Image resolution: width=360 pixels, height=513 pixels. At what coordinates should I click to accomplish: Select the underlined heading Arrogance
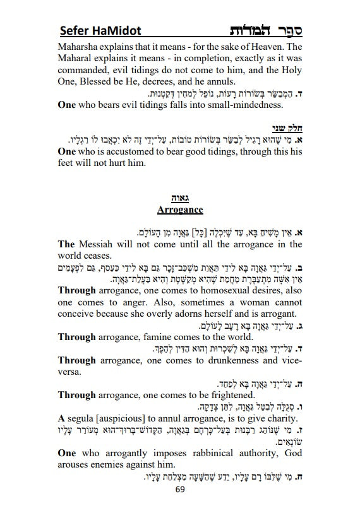(180, 209)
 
